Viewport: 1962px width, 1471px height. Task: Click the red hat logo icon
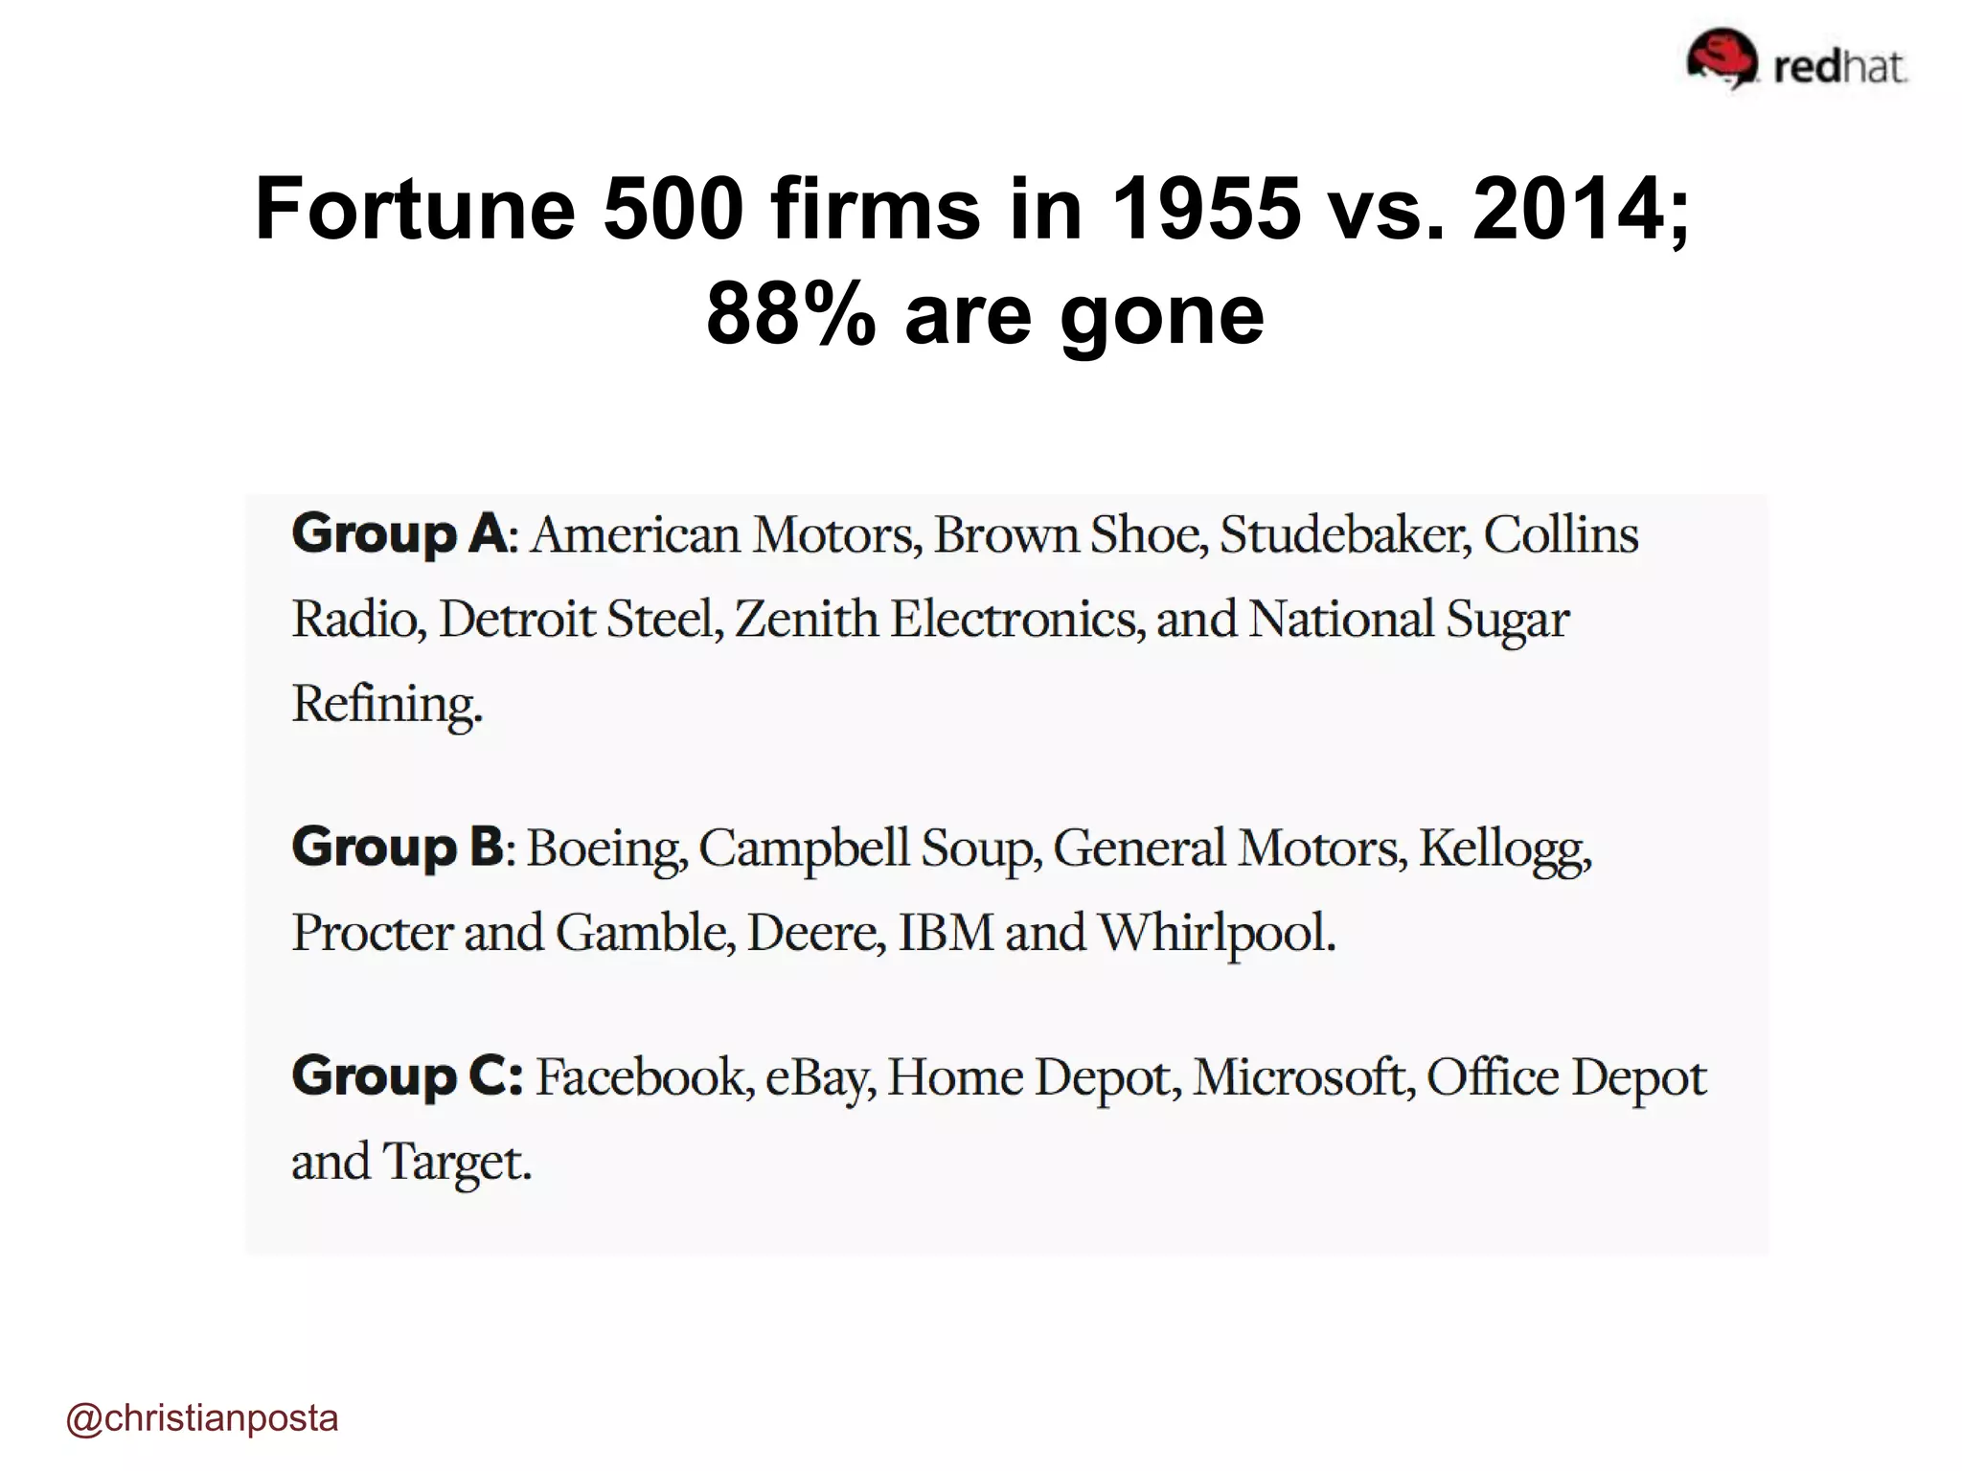pyautogui.click(x=1722, y=58)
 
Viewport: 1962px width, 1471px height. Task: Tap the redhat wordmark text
pyautogui.click(x=1839, y=67)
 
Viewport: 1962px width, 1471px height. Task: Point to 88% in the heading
pyautogui.click(x=790, y=314)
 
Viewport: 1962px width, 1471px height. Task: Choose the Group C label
pyautogui.click(x=407, y=1076)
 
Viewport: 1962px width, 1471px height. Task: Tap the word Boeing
pyautogui.click(x=605, y=849)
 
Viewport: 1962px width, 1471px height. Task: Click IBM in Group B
pyautogui.click(x=946, y=933)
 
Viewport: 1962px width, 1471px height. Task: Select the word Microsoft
pyautogui.click(x=1303, y=1077)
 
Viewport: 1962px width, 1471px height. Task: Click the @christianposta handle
pyautogui.click(x=202, y=1418)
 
